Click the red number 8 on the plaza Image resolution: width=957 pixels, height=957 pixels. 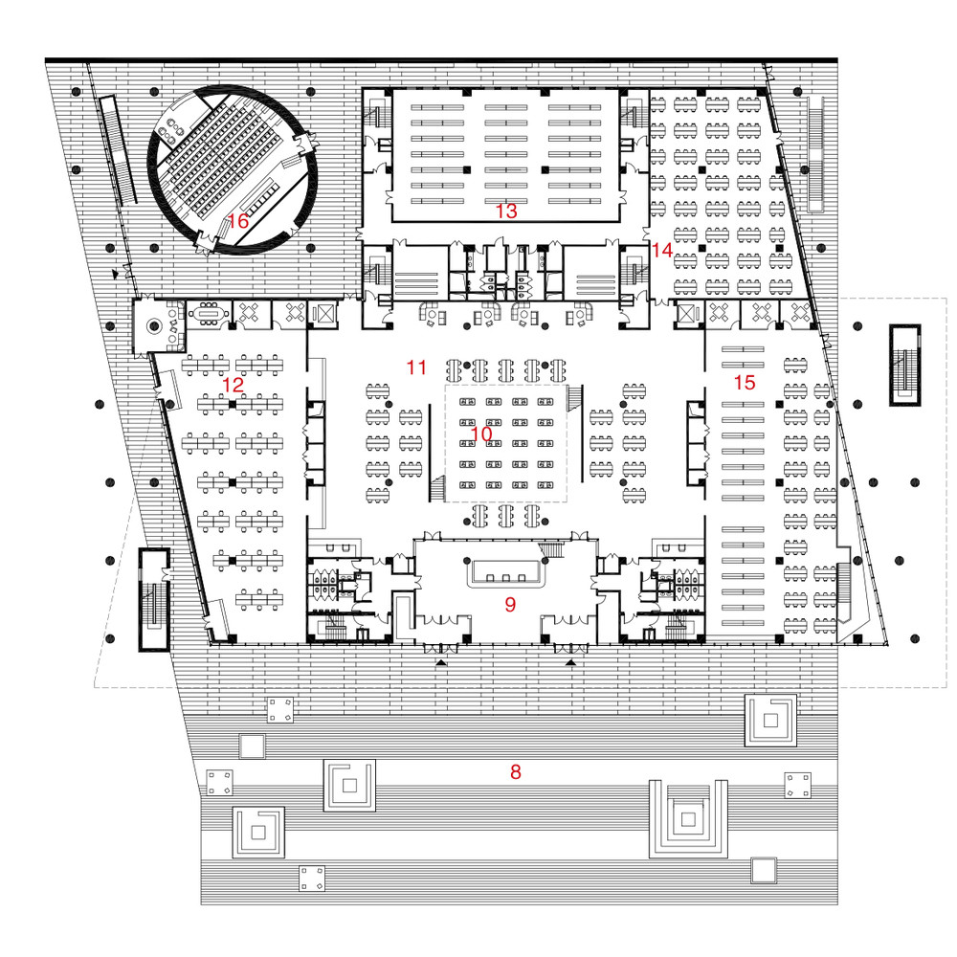pyautogui.click(x=516, y=772)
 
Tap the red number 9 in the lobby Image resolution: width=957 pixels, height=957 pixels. pyautogui.click(x=510, y=604)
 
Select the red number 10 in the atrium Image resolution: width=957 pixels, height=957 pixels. pyautogui.click(x=481, y=434)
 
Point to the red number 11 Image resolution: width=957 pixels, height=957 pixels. pyautogui.click(x=417, y=367)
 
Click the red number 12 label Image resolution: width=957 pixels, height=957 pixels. pyautogui.click(x=234, y=385)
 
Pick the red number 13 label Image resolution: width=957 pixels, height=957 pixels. pyautogui.click(x=506, y=211)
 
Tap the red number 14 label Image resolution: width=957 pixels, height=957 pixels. pyautogui.click(x=662, y=250)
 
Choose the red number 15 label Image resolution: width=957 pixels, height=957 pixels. pyautogui.click(x=744, y=383)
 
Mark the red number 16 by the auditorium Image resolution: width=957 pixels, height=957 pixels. pyautogui.click(x=238, y=221)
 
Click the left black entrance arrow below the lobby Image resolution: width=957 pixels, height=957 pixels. pyautogui.click(x=440, y=662)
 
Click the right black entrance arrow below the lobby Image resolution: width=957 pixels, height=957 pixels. pyautogui.click(x=570, y=662)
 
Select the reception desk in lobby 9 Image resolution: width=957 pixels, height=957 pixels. pyautogui.click(x=504, y=573)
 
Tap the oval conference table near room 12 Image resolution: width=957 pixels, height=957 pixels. pyautogui.click(x=208, y=314)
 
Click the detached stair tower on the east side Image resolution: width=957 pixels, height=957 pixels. pyautogui.click(x=904, y=365)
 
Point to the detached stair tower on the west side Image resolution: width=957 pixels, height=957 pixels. pyautogui.click(x=153, y=600)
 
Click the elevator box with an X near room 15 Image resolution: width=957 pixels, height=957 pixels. pyautogui.click(x=686, y=314)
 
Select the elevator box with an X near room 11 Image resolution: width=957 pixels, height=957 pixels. pyautogui.click(x=323, y=314)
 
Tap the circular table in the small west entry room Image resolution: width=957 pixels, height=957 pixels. pyautogui.click(x=154, y=326)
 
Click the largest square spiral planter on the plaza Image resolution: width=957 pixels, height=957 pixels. pyautogui.click(x=688, y=818)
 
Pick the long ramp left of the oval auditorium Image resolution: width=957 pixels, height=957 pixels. pyautogui.click(x=118, y=149)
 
